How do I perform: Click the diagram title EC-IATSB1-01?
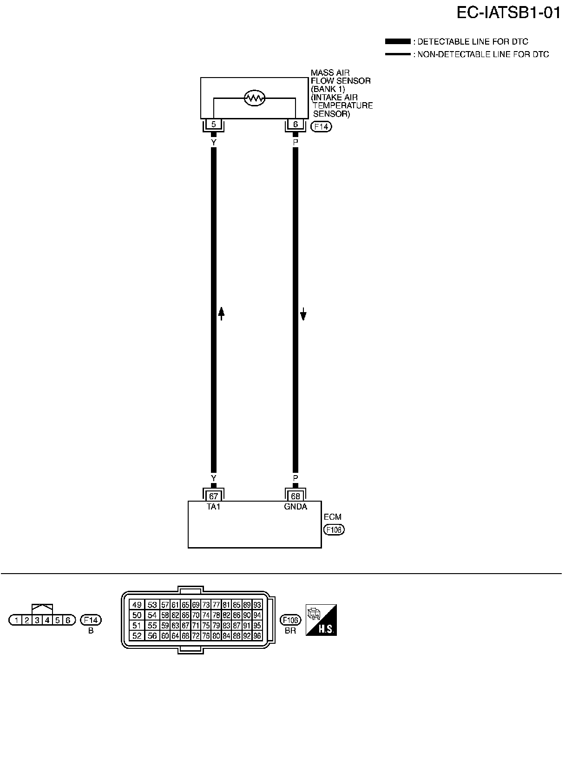508,13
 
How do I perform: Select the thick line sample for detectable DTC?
397,42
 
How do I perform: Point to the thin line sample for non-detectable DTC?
397,54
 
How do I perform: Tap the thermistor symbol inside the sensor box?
254,98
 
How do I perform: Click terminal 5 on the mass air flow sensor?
213,124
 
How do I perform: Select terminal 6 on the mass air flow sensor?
295,124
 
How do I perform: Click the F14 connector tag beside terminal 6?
322,126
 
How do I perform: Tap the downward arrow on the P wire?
303,314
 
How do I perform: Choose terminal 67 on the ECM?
213,497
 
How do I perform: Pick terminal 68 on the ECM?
295,497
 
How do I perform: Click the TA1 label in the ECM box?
213,507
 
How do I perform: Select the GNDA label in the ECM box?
296,507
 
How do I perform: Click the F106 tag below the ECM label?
334,529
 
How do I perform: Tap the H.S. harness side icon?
321,620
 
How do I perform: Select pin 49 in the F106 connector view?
137,605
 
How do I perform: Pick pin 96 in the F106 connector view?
257,636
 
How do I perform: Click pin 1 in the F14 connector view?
16,620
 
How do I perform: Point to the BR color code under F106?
290,631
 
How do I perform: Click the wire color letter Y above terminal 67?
213,478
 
